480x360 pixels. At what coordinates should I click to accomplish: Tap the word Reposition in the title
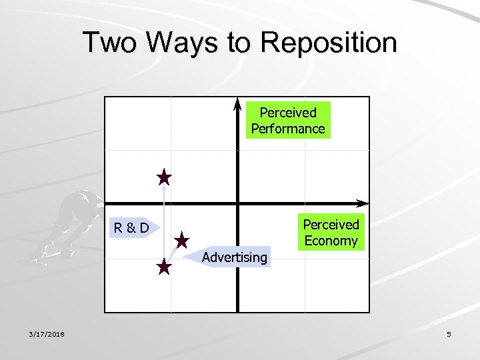tap(329, 43)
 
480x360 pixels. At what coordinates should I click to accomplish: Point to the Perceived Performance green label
tap(288, 121)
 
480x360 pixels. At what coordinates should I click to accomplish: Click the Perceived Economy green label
tap(331, 233)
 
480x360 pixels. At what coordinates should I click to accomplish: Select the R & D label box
tap(132, 228)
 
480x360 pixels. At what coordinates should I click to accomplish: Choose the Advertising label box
tap(235, 257)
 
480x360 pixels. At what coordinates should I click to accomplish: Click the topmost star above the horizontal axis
tap(164, 177)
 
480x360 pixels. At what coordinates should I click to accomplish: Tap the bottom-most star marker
tap(164, 268)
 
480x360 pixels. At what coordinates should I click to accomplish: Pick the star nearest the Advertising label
tap(182, 240)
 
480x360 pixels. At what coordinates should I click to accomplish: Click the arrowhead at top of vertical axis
tap(237, 103)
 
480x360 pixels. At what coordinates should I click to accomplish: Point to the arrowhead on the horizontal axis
tap(363, 203)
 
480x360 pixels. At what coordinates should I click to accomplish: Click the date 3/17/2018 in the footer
tap(46, 334)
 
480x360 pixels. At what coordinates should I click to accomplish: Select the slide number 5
tap(449, 334)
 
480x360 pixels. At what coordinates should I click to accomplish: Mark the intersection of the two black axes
tap(237, 203)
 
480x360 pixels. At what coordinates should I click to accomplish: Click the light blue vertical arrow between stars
tap(164, 223)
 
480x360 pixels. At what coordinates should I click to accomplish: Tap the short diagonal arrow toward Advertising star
tap(173, 254)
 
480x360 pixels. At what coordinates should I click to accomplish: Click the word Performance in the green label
tap(288, 129)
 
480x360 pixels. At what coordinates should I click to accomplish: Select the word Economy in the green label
tap(331, 241)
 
